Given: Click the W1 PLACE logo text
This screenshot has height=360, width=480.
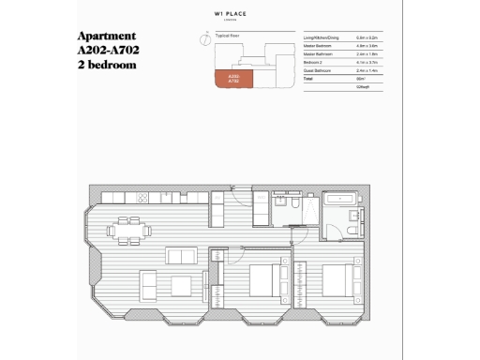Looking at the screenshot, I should click(x=240, y=15).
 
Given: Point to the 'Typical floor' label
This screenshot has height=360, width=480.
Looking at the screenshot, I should click(x=229, y=33).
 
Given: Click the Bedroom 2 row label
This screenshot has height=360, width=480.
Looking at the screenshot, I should click(x=313, y=62).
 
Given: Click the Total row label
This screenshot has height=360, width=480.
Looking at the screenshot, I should click(x=308, y=79).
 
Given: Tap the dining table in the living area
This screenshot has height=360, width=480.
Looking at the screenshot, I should click(x=125, y=228).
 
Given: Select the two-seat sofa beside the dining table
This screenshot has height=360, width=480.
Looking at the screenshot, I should click(x=181, y=255).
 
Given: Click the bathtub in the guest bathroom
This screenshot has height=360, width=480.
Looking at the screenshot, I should click(x=337, y=200).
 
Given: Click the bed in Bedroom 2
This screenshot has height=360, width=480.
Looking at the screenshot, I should click(x=339, y=277).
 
